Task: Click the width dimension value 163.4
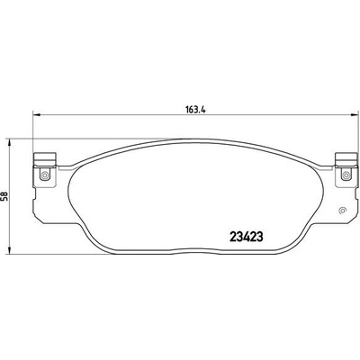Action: (195, 110)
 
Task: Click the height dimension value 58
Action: (5, 196)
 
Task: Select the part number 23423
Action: (247, 237)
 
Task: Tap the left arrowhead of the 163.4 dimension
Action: (36, 114)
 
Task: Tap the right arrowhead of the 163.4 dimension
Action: (355, 114)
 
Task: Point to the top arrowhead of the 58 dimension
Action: (10, 143)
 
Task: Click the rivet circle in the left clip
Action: (45, 175)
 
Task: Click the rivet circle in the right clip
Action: (346, 174)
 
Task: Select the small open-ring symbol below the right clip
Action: (342, 211)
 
